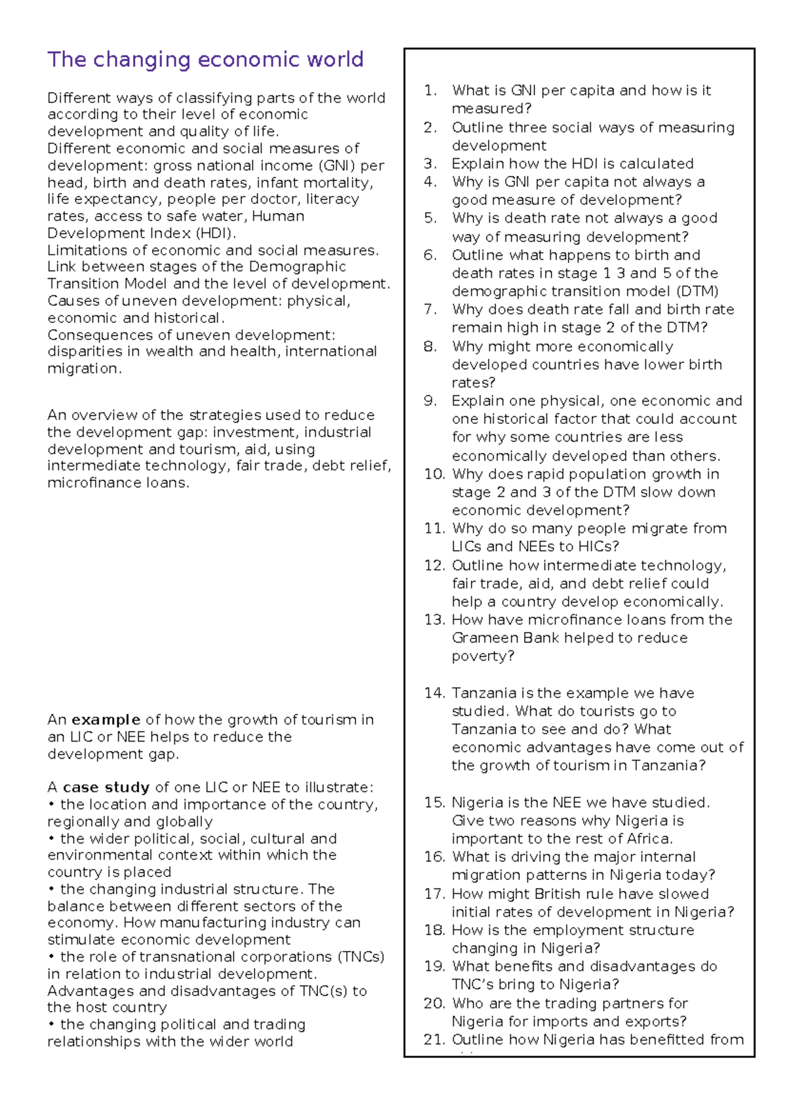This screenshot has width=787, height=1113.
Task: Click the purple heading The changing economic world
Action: coord(205,60)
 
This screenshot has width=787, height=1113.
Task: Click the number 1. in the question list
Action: coord(430,91)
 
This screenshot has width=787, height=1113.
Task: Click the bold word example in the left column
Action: coord(106,720)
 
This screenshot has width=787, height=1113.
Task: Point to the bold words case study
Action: coord(106,787)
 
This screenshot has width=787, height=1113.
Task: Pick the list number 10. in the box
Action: coord(434,474)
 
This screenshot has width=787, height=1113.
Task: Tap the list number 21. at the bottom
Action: coord(434,1039)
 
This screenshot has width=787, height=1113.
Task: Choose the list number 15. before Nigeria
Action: coord(434,803)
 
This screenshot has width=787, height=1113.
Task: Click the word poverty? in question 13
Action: coord(483,656)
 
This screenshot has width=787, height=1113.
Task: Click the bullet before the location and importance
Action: coord(51,805)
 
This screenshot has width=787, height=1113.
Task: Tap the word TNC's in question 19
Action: coord(472,984)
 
